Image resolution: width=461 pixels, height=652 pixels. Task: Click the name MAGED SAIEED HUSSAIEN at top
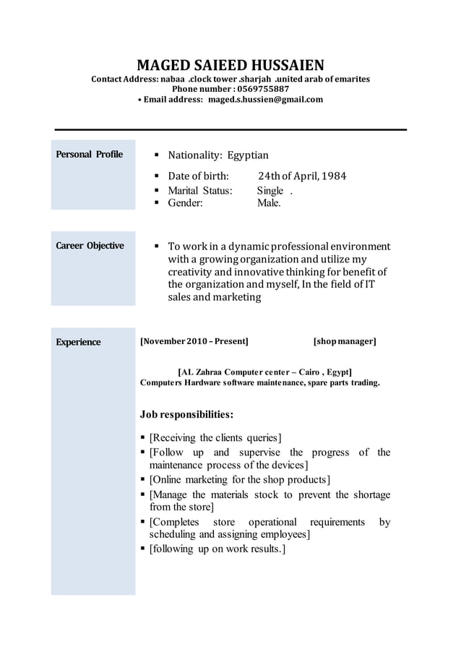pos(231,65)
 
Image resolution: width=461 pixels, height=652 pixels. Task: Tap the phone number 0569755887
pos(257,89)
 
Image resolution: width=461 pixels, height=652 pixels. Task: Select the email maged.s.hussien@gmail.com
pos(265,100)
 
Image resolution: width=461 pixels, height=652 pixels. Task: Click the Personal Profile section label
pos(90,155)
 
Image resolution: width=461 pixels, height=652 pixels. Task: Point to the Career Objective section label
pos(90,246)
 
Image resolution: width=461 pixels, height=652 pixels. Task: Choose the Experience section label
pos(79,342)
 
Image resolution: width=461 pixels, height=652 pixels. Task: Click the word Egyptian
pos(248,155)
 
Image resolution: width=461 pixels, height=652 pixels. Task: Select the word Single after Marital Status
pos(270,191)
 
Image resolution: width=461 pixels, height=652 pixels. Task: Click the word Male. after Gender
pos(269,203)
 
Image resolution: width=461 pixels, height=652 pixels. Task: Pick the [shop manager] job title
pos(345,341)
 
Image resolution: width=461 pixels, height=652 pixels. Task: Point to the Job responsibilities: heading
pos(186,415)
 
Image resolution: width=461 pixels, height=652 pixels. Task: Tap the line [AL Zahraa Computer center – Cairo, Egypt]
pos(264,371)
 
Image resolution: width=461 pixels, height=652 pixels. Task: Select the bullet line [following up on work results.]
pos(217,549)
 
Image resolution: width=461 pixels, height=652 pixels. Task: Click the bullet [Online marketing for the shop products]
pos(239,480)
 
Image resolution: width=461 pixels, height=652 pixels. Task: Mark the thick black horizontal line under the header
pos(231,129)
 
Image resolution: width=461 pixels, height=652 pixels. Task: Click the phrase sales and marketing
pos(214,297)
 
